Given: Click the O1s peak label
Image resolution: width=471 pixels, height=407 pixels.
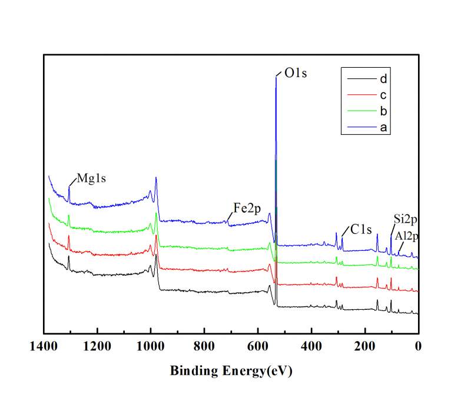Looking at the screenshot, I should click(296, 74).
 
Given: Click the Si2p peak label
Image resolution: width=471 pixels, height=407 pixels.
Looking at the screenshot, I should click(406, 220).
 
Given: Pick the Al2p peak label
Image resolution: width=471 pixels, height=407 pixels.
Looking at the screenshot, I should click(409, 236).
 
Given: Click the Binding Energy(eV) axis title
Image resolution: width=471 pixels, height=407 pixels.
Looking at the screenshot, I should click(231, 371).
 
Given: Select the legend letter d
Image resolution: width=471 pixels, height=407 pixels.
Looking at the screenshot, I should click(383, 78).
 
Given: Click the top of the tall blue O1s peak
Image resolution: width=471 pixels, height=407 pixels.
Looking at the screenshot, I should click(276, 77).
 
